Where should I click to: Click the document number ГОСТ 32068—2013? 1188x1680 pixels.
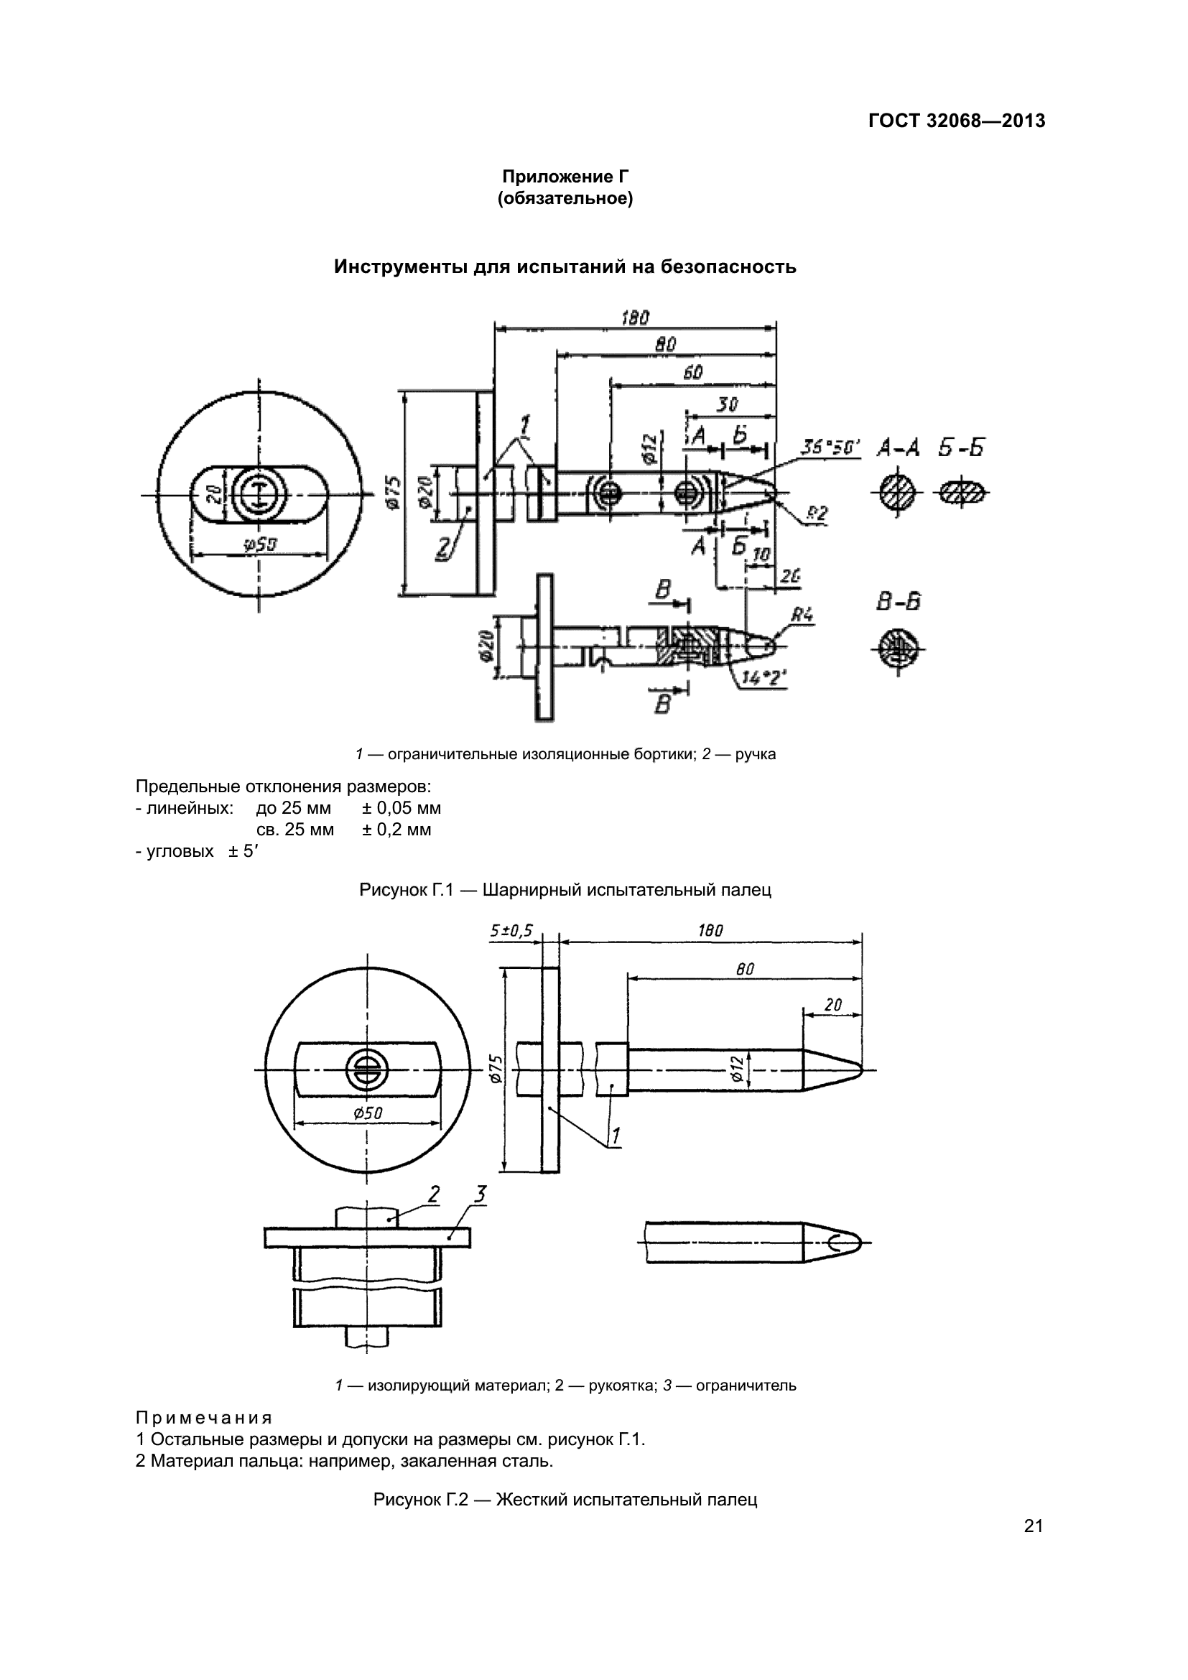tap(956, 121)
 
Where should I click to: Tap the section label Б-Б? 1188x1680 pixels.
tap(961, 447)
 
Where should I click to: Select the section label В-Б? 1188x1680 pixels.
tap(898, 602)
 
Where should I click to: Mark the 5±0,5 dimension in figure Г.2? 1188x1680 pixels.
tap(511, 931)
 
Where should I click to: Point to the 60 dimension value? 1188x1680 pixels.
tap(692, 373)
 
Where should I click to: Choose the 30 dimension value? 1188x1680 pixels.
tap(727, 404)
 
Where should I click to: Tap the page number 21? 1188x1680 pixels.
tap(1033, 1526)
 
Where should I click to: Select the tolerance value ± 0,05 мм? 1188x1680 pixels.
tap(402, 809)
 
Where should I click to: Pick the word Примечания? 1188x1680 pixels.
tap(204, 1418)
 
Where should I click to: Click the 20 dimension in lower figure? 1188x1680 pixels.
tap(832, 1005)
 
